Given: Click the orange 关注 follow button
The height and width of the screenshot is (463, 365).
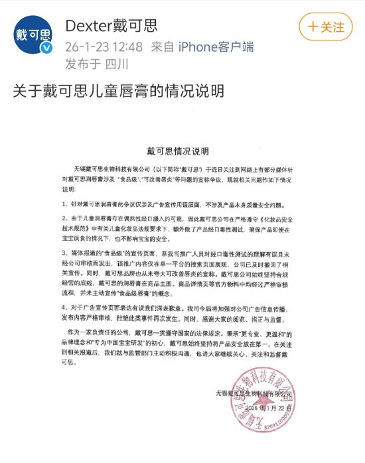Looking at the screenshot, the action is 325,27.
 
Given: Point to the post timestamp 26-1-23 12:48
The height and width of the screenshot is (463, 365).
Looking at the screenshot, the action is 104,48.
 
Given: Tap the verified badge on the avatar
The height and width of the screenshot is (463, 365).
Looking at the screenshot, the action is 46,50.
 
